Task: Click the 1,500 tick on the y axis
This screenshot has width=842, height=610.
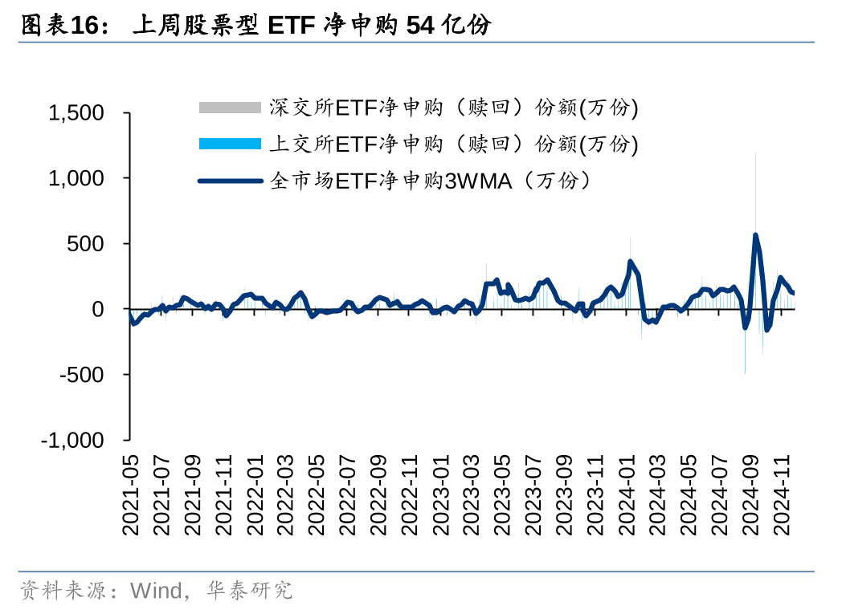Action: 76,113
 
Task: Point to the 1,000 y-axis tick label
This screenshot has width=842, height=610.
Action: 76,178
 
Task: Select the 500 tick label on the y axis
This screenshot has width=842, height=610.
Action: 88,244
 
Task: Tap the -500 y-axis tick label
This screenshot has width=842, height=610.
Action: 84,375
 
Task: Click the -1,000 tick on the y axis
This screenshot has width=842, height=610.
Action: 73,441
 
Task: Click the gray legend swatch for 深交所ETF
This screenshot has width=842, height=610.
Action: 230,108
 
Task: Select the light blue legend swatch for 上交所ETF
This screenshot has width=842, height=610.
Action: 230,144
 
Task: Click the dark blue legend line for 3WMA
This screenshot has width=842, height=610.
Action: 230,181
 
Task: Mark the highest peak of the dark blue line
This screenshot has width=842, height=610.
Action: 755,235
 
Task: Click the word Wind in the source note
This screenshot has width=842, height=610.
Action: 156,592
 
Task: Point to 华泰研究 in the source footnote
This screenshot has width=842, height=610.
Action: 249,592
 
